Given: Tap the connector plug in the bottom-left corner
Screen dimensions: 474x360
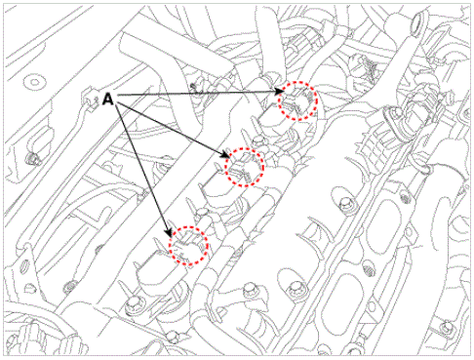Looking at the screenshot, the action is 24,336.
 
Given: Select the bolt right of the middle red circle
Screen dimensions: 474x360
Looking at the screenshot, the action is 345,206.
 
